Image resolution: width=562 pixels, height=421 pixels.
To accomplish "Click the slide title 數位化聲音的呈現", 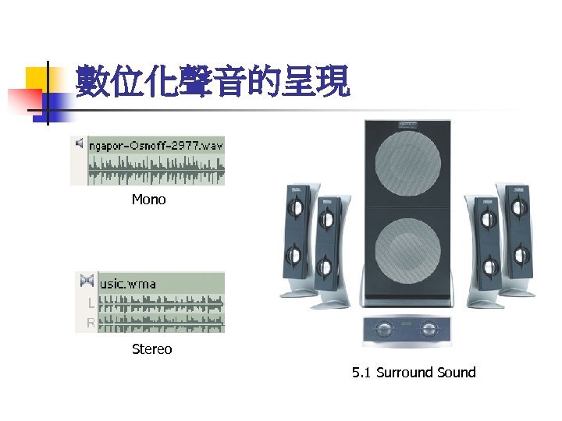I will coord(213,82).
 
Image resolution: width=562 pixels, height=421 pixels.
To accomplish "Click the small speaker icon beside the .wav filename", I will coord(78,143).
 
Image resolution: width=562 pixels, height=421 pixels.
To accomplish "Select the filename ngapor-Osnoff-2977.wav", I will coord(156,145).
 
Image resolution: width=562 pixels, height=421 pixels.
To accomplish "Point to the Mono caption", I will coord(148,200).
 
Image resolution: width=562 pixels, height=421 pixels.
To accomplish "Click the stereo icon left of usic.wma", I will coord(86,281).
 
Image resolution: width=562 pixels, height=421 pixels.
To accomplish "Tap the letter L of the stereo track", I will coord(91,303).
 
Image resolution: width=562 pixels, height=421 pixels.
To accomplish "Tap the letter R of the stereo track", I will coord(91,322).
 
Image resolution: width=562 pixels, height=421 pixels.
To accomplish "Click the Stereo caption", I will coord(151,349).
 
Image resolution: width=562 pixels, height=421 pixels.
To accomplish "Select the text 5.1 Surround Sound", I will coord(414,373).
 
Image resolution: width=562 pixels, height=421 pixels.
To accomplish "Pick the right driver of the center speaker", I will coord(427,328).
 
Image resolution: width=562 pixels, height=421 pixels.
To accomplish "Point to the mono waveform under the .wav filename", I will coord(156,168).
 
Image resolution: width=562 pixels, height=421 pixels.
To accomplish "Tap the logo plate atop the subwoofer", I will coord(407,124).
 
